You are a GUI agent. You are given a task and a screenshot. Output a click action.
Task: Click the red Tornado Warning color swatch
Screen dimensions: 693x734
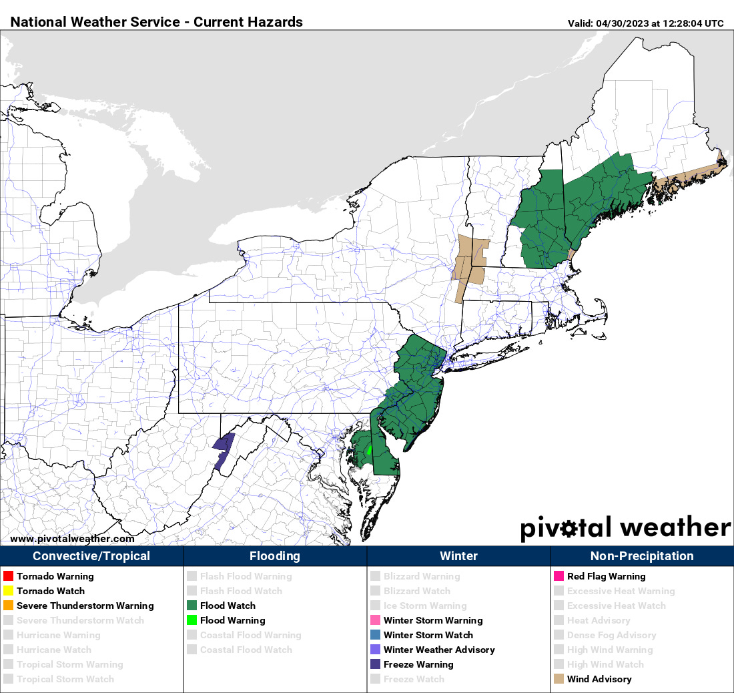(x=8, y=576)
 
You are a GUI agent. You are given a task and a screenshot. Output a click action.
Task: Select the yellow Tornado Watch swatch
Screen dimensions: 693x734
(x=8, y=591)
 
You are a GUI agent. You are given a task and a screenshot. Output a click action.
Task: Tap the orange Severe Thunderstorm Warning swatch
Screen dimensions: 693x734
(x=8, y=606)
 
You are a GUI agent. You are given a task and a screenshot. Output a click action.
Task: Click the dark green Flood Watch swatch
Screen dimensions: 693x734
(x=192, y=606)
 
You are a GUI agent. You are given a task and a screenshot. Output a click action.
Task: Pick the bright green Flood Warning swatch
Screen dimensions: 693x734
(x=192, y=620)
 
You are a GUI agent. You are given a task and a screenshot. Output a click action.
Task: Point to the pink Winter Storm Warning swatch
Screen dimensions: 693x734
(x=375, y=620)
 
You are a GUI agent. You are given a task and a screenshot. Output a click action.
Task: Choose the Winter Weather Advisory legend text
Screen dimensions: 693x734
(x=439, y=650)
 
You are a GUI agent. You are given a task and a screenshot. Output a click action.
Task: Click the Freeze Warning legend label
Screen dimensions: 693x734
(x=418, y=664)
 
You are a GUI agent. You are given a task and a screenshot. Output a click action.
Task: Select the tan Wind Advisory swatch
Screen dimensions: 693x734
(x=559, y=679)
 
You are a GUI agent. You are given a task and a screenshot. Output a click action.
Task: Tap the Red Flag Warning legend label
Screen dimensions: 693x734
(x=607, y=576)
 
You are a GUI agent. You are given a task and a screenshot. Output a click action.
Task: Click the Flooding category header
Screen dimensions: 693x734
(x=275, y=556)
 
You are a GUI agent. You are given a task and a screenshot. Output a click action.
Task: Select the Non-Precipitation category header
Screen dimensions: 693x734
(x=642, y=556)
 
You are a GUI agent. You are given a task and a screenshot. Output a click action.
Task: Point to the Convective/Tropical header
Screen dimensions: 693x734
(x=91, y=556)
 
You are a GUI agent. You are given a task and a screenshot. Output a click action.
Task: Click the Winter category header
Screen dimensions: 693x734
(x=458, y=556)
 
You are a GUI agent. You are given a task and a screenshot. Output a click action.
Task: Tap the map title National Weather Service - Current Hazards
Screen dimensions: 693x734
(x=157, y=22)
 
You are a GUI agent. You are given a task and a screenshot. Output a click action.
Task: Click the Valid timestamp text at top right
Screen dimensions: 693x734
(x=645, y=23)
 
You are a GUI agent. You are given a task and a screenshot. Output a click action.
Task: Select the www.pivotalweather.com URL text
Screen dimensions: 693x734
(x=72, y=539)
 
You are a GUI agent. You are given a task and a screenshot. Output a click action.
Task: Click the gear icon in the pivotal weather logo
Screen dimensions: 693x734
(x=569, y=529)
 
